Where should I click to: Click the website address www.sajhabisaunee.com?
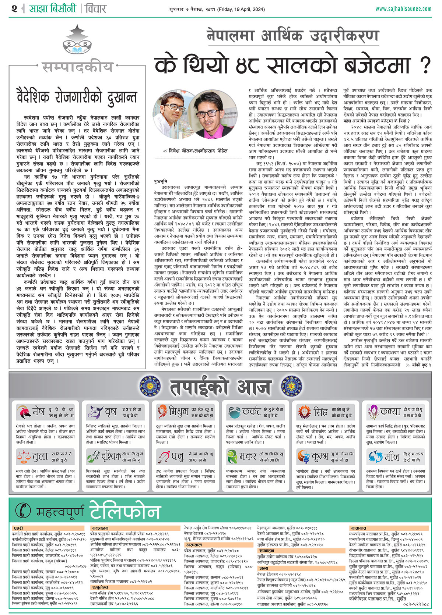coord(403,9)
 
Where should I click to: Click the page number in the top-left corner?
coord(14,8)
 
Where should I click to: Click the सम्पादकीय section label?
coord(78,67)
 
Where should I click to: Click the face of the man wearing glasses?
coord(172,107)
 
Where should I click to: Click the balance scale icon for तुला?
coord(24,457)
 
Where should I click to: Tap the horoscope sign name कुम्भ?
coord(320,457)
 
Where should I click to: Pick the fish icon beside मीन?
coord(375,457)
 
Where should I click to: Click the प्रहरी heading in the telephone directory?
coord(18,528)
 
